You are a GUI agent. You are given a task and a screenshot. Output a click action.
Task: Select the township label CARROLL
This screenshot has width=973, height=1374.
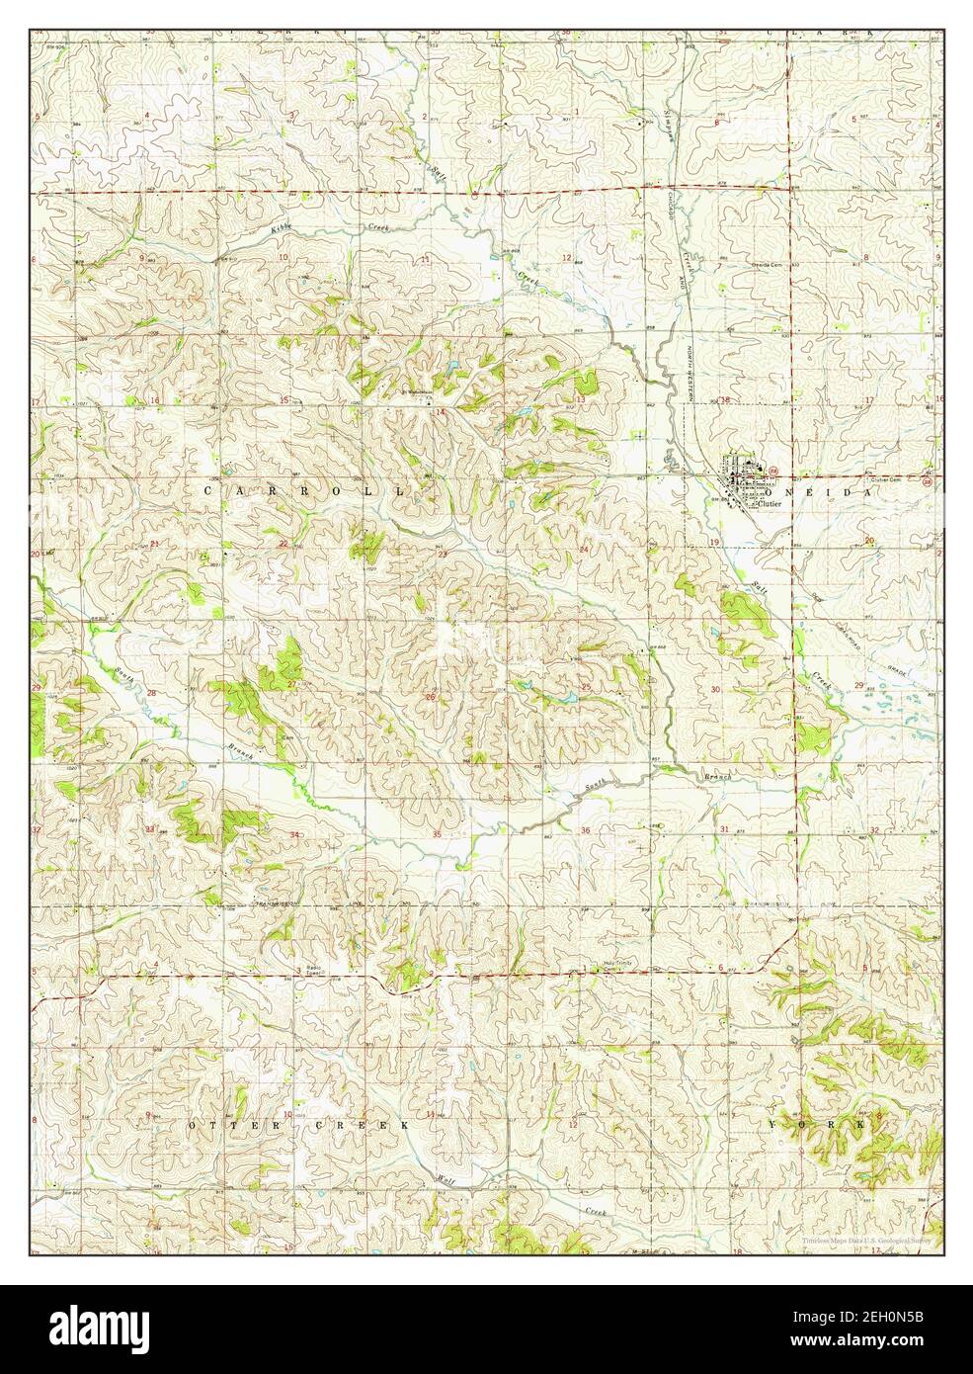(x=304, y=490)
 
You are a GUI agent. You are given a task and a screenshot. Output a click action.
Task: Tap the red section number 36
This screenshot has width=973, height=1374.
(x=585, y=830)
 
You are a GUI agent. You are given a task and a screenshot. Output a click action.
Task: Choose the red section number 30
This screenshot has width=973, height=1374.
(x=715, y=689)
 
